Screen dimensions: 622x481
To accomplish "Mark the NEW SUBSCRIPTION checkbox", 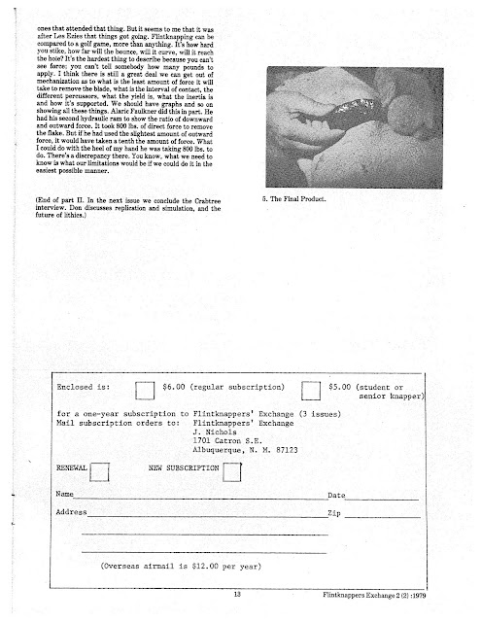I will pos(230,473).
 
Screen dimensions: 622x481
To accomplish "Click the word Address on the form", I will pos(72,511).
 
